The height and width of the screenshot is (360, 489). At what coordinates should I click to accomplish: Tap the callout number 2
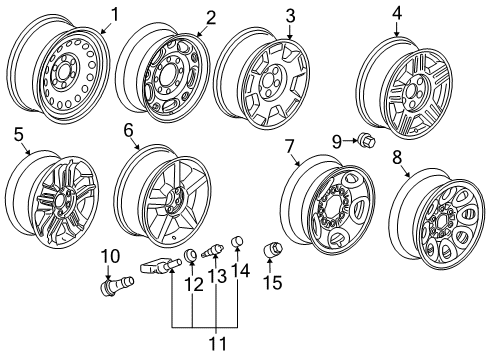click(210, 16)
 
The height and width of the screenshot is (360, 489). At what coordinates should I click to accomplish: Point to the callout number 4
click(397, 13)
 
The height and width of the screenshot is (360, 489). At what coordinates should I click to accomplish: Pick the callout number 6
click(129, 130)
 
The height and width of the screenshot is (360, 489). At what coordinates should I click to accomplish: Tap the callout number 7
click(290, 145)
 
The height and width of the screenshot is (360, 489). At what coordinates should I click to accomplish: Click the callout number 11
click(210, 342)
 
